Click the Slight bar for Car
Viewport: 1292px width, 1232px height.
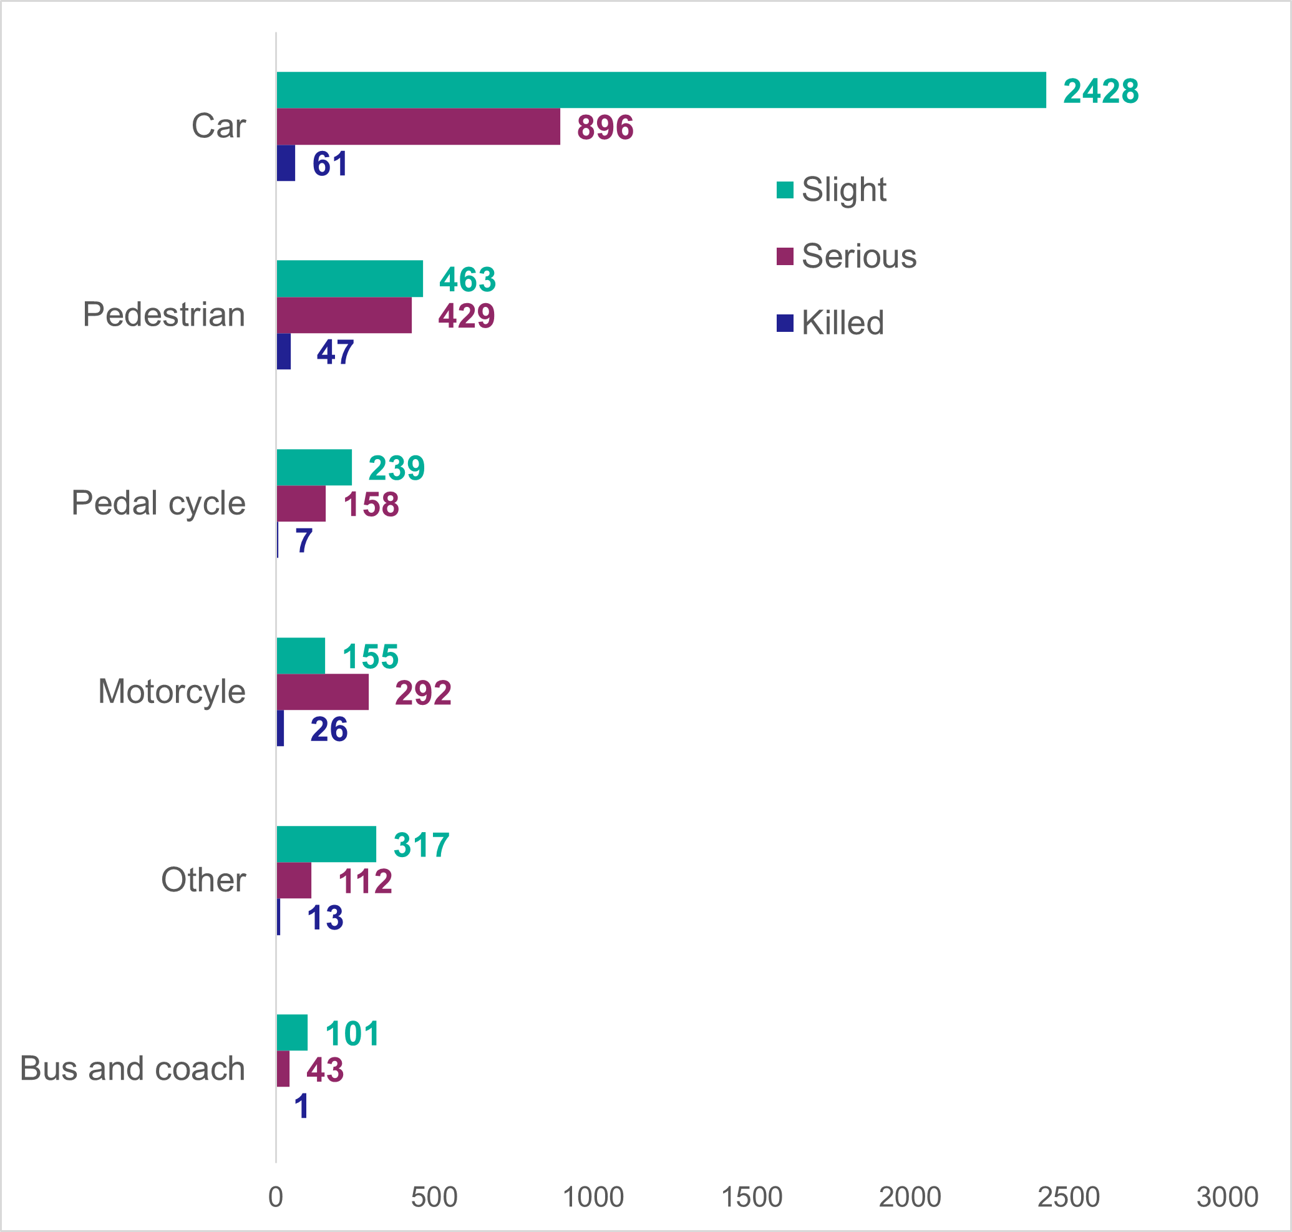click(x=661, y=90)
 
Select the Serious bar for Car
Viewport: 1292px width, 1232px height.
click(x=419, y=127)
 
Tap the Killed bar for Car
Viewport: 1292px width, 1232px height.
click(x=286, y=163)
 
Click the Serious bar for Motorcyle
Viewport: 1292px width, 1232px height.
click(x=323, y=692)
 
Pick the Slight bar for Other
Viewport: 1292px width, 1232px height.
click(x=326, y=844)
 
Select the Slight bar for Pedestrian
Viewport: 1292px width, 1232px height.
click(x=349, y=278)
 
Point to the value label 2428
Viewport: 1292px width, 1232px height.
click(x=1101, y=91)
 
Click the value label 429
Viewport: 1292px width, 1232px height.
click(x=467, y=316)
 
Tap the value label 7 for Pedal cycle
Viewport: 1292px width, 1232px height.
click(x=303, y=541)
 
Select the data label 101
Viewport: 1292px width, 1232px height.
click(x=352, y=1034)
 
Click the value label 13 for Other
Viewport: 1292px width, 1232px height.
click(x=325, y=918)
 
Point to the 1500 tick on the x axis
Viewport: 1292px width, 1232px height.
click(x=751, y=1197)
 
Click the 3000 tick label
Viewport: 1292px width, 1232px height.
click(x=1227, y=1197)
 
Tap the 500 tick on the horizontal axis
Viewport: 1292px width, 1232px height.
click(x=434, y=1197)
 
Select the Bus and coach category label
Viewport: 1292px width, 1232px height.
click(x=133, y=1069)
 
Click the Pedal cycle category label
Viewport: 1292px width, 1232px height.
click(x=158, y=503)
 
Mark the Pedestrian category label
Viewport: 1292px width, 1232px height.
click(x=163, y=314)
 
